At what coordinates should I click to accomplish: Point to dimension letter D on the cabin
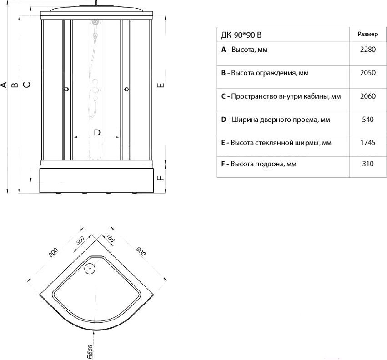[96, 132]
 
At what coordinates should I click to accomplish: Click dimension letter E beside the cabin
[160, 85]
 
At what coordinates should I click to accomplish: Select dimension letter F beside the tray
[160, 177]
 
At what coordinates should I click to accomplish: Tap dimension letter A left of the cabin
[4, 85]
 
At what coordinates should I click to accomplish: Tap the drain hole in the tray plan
[90, 268]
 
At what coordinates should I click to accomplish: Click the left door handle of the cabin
[67, 90]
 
